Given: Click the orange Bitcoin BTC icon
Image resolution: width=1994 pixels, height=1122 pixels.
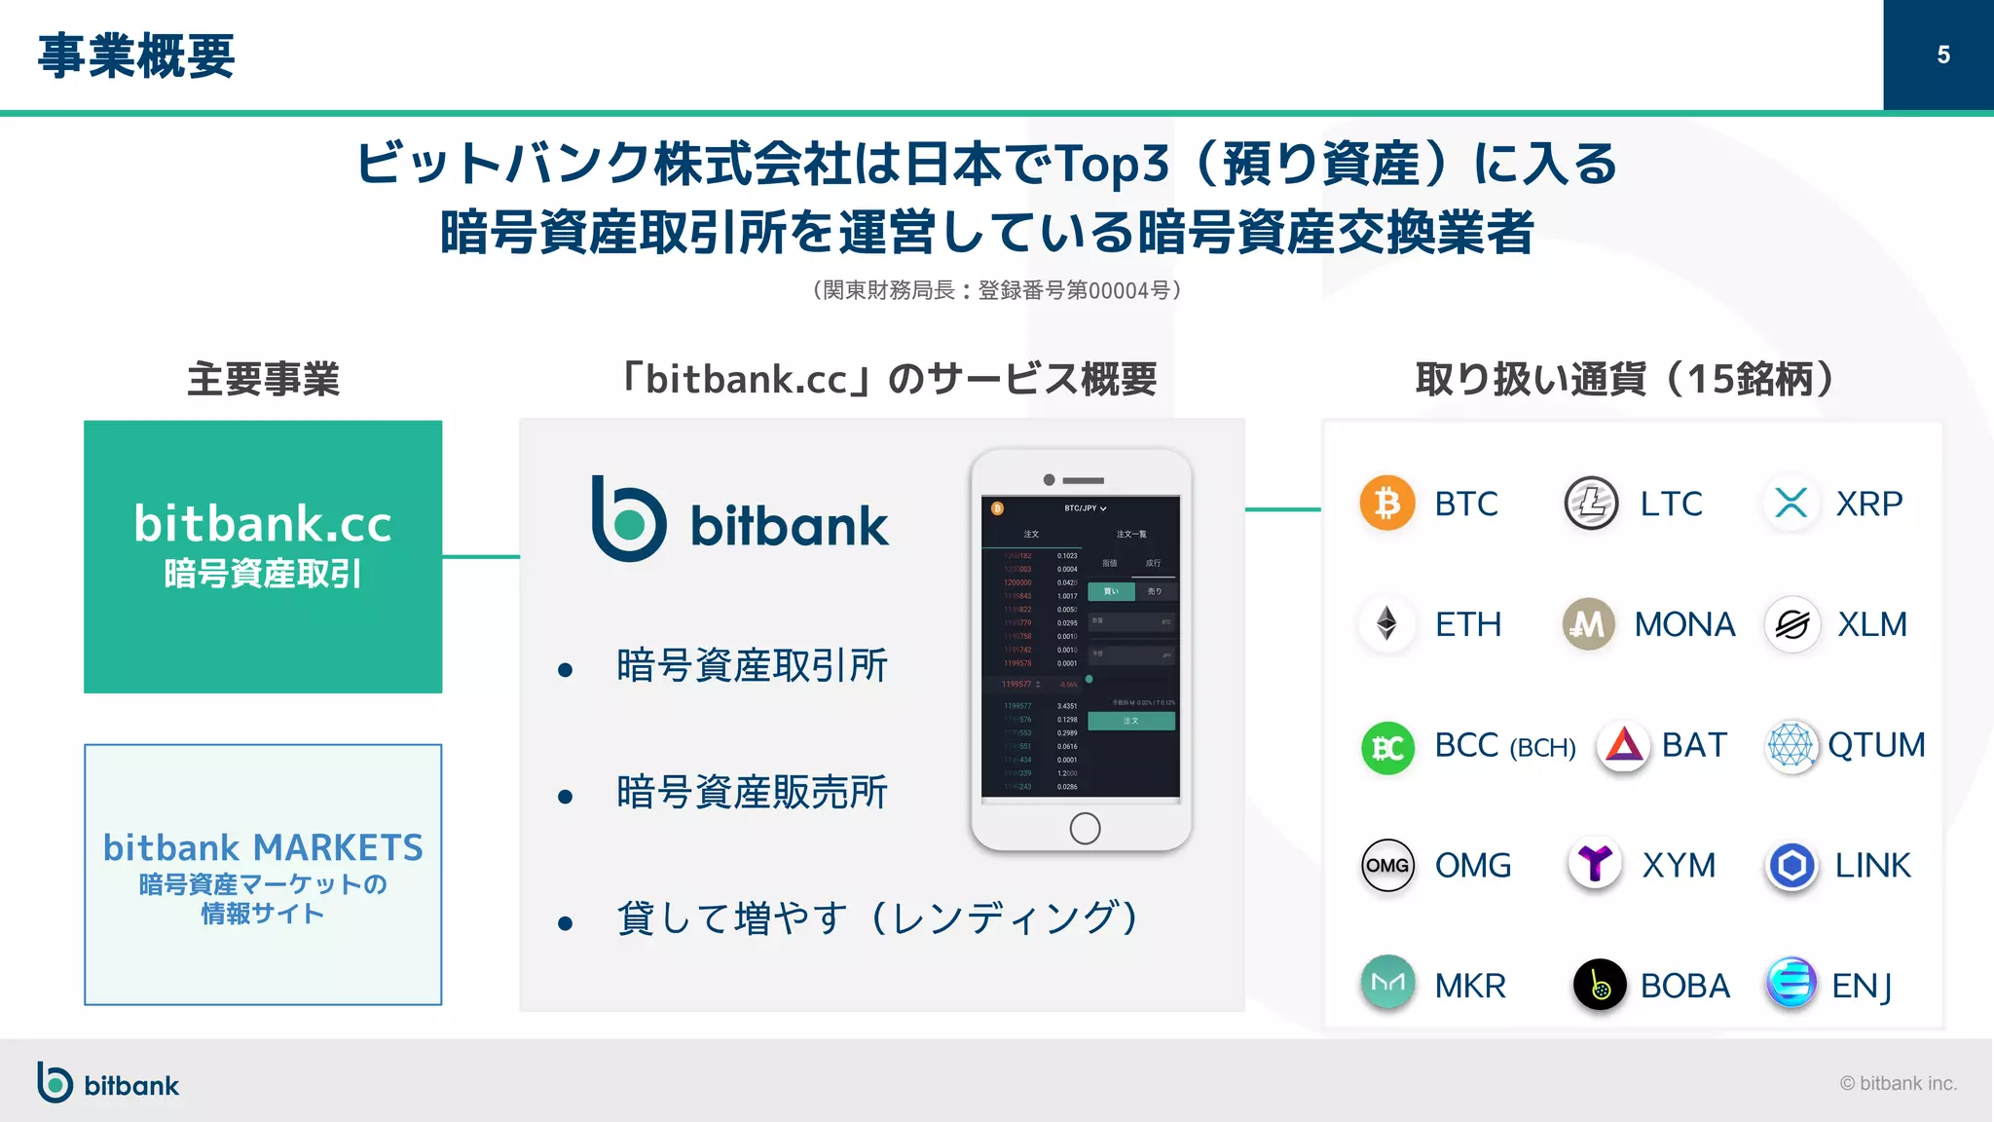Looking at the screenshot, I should (x=1386, y=503).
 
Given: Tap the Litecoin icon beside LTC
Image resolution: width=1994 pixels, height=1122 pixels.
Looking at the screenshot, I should (x=1591, y=503).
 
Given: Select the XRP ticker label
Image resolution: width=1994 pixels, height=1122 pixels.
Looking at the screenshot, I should (x=1868, y=504).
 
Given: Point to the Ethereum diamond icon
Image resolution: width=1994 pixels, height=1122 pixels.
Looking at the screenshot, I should (x=1386, y=623).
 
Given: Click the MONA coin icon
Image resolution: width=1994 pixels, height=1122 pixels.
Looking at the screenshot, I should (x=1588, y=623).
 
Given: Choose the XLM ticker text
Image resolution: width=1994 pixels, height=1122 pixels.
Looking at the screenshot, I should (x=1871, y=624).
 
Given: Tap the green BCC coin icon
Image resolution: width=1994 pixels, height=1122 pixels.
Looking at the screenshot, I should (x=1386, y=747).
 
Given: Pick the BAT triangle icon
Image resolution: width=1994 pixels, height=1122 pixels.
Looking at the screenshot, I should (x=1623, y=746).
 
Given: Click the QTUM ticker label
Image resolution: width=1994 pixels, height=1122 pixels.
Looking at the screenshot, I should (x=1876, y=745).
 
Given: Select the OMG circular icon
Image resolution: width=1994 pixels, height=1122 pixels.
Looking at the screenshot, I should (x=1386, y=865).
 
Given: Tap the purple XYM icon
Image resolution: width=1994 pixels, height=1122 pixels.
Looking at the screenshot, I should (x=1595, y=863).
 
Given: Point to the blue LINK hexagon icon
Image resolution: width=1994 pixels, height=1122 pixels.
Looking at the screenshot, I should (x=1791, y=865).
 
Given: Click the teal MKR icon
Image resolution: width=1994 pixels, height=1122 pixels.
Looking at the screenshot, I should (x=1386, y=983).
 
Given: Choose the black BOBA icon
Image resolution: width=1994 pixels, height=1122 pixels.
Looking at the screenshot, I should (x=1599, y=985).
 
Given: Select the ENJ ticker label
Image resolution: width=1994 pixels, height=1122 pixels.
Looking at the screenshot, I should (x=1862, y=986).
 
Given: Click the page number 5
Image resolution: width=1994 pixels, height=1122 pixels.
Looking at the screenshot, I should (x=1942, y=55).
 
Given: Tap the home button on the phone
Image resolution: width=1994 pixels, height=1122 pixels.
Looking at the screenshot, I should (x=1085, y=828).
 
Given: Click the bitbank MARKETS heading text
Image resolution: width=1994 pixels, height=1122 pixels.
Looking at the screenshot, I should (x=263, y=847).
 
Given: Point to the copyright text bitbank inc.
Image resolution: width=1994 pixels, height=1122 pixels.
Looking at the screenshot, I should (x=1899, y=1083).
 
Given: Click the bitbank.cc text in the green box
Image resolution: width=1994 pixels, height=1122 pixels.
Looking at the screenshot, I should (x=263, y=524).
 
